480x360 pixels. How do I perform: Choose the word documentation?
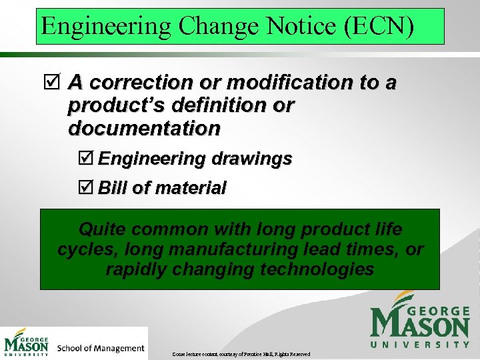(144, 128)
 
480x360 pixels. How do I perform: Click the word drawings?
(251, 159)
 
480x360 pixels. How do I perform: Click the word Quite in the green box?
(99, 230)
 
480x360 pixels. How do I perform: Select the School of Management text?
(101, 348)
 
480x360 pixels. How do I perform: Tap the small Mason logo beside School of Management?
(27, 343)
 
